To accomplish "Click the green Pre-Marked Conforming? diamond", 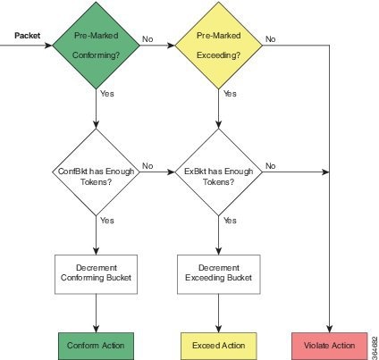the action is point(96,46).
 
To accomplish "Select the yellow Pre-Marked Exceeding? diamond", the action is point(219,46).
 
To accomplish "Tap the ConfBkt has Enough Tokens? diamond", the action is point(96,172).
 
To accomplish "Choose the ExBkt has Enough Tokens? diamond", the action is point(219,172).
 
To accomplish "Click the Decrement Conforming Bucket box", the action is point(96,274).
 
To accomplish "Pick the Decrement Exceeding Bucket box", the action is point(219,274).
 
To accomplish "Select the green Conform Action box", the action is point(96,346).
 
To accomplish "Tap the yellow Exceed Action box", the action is point(219,346).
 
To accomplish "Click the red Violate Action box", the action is point(329,346).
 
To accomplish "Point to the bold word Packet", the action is point(27,36).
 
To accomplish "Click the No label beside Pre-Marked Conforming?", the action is point(147,39).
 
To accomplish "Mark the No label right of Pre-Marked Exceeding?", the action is point(270,39).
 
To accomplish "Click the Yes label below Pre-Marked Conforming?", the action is point(107,94).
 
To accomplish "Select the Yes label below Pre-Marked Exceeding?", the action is point(230,94).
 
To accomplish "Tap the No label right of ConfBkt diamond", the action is point(147,166).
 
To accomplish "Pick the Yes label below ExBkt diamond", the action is point(230,221).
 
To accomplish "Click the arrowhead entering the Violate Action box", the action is point(329,329).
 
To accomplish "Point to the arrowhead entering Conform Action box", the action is point(96,329).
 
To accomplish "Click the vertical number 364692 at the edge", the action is point(375,347).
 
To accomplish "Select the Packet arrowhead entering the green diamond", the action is point(48,46).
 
